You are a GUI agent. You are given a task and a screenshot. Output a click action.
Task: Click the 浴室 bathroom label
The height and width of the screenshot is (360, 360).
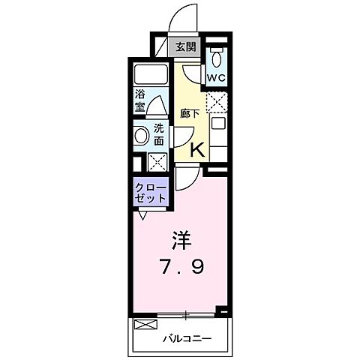[x=140, y=101]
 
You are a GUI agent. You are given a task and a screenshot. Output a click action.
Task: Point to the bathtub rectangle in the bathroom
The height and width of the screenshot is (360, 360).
[x=152, y=76]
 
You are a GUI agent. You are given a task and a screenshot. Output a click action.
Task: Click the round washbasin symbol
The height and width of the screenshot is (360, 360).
[x=142, y=136]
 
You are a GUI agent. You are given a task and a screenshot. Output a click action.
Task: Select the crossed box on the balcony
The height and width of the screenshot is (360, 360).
[x=146, y=326]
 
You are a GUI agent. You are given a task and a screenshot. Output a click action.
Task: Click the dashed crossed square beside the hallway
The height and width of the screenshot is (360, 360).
[x=217, y=100]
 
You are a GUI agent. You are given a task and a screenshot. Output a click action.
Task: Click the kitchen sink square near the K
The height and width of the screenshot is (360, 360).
[x=217, y=123]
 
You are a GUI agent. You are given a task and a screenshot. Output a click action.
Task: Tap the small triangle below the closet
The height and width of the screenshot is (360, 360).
[x=143, y=214]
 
